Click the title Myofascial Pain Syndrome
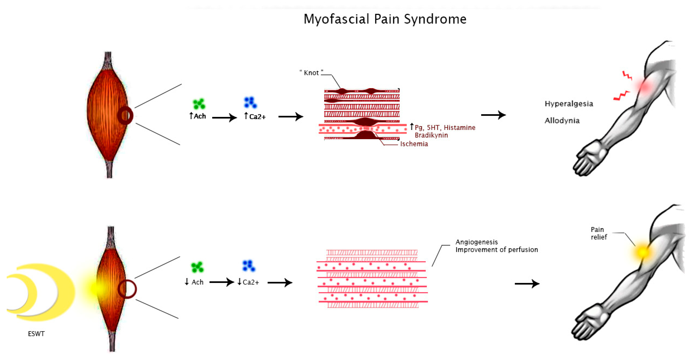(385, 19)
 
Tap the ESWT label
(36, 334)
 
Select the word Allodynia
(562, 121)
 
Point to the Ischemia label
(414, 144)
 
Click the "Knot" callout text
(311, 73)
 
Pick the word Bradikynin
(431, 135)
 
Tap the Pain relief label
(599, 233)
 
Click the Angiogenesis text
(476, 242)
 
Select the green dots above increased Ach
(199, 104)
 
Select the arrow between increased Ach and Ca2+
(225, 118)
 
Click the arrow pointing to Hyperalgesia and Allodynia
(494, 115)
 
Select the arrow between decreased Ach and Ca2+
(222, 282)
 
